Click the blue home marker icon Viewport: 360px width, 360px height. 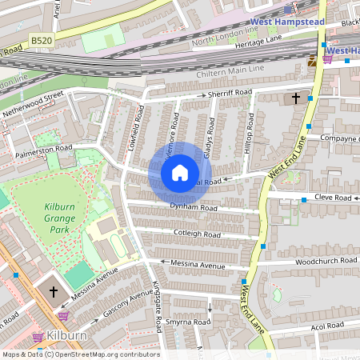180,172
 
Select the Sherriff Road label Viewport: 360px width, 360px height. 230,94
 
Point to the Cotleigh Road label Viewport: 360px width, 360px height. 197,234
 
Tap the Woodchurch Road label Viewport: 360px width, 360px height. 326,261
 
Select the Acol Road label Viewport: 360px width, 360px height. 328,326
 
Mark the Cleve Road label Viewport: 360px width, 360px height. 332,197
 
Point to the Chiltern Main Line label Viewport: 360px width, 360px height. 229,73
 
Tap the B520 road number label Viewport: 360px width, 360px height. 42,39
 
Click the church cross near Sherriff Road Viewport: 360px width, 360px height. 296,98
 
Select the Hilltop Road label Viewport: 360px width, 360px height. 250,132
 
